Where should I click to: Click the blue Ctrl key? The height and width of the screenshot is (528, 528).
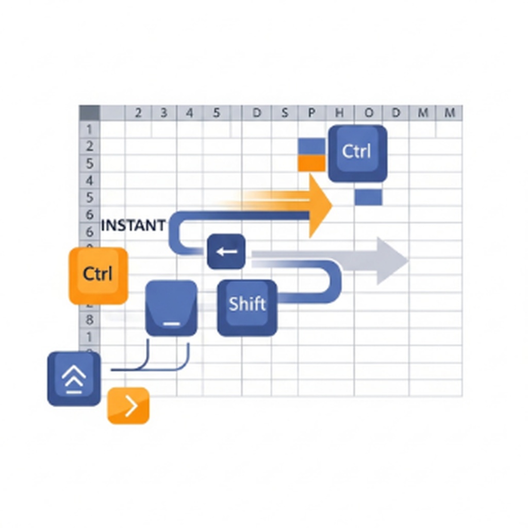[x=357, y=153]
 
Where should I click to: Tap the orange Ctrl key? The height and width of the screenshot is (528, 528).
[x=98, y=275]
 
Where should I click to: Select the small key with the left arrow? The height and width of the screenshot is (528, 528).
[x=226, y=252]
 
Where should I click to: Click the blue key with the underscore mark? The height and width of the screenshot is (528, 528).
[x=171, y=308]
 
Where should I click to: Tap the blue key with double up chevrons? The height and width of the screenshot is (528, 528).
[x=74, y=378]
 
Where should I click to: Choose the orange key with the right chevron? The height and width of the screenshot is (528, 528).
[x=128, y=406]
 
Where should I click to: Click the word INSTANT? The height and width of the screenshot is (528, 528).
[x=134, y=225]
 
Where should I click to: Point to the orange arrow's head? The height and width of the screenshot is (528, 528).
[x=320, y=206]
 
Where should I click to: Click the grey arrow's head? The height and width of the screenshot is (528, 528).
[x=391, y=260]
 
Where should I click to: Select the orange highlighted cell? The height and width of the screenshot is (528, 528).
[x=311, y=163]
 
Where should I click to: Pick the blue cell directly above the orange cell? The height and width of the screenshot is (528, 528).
[x=311, y=146]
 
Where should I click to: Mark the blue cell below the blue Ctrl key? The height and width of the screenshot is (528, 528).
[x=368, y=197]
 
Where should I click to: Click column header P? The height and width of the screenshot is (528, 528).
[x=311, y=113]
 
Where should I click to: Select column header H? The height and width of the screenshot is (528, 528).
[x=339, y=113]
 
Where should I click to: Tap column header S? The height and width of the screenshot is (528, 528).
[x=284, y=113]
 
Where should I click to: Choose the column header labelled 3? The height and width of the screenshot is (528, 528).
[x=163, y=113]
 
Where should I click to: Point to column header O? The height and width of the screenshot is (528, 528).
[x=368, y=113]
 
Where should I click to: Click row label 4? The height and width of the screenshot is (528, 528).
[x=89, y=180]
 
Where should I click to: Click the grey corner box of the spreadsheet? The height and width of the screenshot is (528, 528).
[x=89, y=112]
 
